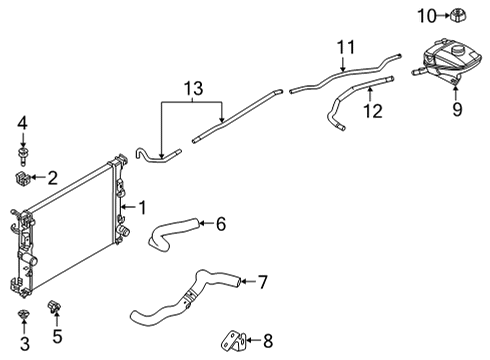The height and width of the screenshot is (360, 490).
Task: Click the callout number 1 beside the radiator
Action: pos(142,207)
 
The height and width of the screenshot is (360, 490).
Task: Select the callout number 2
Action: pos(52,178)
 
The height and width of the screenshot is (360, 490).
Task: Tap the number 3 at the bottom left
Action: pos(24,343)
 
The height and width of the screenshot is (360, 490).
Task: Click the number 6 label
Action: pos(220,224)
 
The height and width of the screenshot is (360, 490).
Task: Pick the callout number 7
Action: pos(262,282)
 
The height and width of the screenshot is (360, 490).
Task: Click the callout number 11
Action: pos(345,47)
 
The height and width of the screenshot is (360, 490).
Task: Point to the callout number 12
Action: pos(372,112)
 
